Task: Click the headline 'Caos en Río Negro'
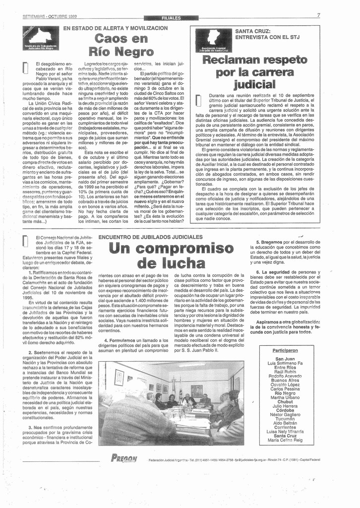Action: pos(120,45)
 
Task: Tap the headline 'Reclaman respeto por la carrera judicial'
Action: pos(254,72)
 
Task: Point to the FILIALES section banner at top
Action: pos(171,18)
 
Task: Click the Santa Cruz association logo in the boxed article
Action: pos(213,40)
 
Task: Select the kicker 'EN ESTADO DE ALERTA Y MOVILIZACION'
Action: pos(115,28)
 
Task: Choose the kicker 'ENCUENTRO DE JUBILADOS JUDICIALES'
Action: pos(151,237)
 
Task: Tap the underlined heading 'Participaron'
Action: pos(285,351)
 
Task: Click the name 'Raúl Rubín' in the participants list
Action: pos(285,371)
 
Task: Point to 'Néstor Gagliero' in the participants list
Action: pos(285,414)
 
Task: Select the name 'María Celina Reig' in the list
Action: pos(285,440)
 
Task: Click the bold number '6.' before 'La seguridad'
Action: pos(258,272)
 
